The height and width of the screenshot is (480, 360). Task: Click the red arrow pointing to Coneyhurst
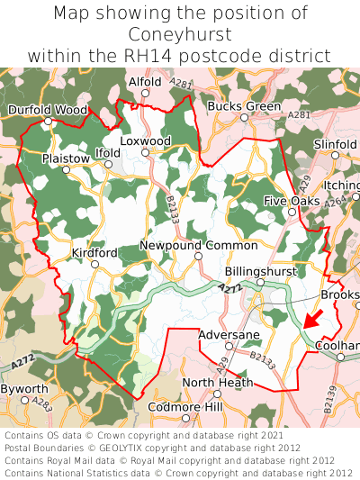pyautogui.click(x=312, y=319)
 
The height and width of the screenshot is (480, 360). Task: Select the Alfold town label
pyautogui.click(x=145, y=81)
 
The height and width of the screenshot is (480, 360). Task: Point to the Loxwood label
pyautogui.click(x=145, y=141)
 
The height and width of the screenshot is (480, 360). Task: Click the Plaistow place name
pyautogui.click(x=67, y=158)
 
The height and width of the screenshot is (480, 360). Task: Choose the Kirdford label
pyautogui.click(x=94, y=253)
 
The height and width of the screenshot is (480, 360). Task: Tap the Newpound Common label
pyautogui.click(x=198, y=245)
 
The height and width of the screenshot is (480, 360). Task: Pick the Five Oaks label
pyautogui.click(x=292, y=201)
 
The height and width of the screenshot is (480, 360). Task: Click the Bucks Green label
pyautogui.click(x=244, y=106)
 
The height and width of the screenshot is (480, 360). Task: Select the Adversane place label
pyautogui.click(x=229, y=334)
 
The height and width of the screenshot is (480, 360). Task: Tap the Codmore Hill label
pyautogui.click(x=184, y=408)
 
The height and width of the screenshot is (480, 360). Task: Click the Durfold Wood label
pyautogui.click(x=48, y=110)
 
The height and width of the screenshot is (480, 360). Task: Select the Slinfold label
pyautogui.click(x=335, y=143)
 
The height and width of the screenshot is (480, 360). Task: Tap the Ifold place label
pyautogui.click(x=107, y=154)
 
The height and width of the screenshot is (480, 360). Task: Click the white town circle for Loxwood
pyautogui.click(x=145, y=152)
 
